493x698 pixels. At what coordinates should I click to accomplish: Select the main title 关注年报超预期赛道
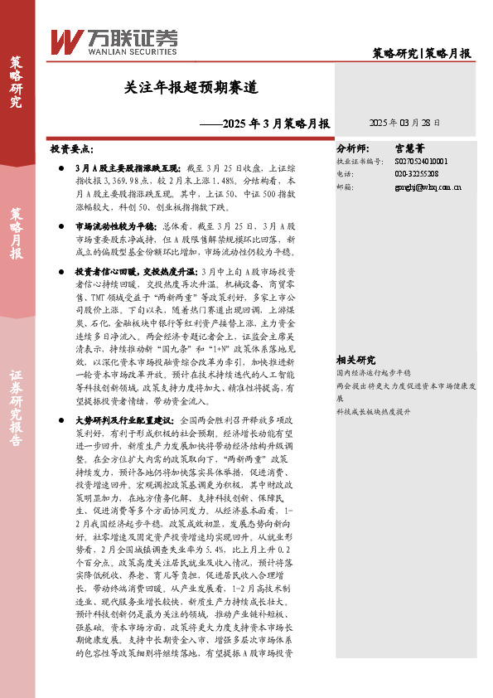[x=191, y=87]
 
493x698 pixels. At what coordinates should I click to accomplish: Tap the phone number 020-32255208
[x=415, y=174]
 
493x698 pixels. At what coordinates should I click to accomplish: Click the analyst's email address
[x=421, y=187]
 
